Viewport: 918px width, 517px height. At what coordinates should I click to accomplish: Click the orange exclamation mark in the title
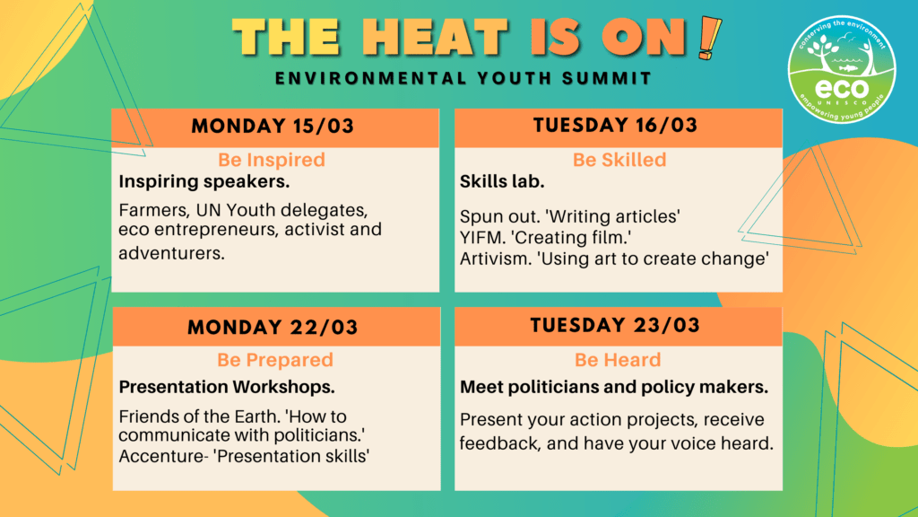click(x=710, y=38)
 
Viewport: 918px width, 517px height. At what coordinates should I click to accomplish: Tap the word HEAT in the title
click(x=435, y=38)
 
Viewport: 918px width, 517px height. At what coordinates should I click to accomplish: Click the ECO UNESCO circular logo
click(x=841, y=69)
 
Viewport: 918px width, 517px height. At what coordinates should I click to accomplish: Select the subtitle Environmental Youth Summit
click(x=463, y=78)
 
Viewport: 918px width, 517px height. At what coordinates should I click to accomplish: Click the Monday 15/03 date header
click(x=273, y=126)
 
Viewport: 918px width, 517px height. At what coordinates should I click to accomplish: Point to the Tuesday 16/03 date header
click(x=615, y=125)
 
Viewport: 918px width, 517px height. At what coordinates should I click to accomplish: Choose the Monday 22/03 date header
click(x=273, y=327)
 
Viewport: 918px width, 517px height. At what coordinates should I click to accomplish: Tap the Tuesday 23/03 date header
click(x=615, y=325)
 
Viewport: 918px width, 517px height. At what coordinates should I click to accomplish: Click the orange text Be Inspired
click(x=272, y=160)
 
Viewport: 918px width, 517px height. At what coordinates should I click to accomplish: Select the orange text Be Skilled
click(x=619, y=160)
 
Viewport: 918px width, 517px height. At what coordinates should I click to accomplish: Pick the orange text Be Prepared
click(x=275, y=360)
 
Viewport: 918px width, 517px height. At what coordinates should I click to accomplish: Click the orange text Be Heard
click(x=618, y=360)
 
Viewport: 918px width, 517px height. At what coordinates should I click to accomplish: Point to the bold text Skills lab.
click(x=502, y=181)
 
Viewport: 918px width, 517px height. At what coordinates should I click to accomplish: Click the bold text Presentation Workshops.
click(x=227, y=387)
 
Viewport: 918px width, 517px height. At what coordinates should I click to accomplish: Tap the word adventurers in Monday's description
click(x=171, y=253)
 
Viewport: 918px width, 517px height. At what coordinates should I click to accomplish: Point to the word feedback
click(x=498, y=443)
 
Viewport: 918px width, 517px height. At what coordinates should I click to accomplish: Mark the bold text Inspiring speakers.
click(x=204, y=181)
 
